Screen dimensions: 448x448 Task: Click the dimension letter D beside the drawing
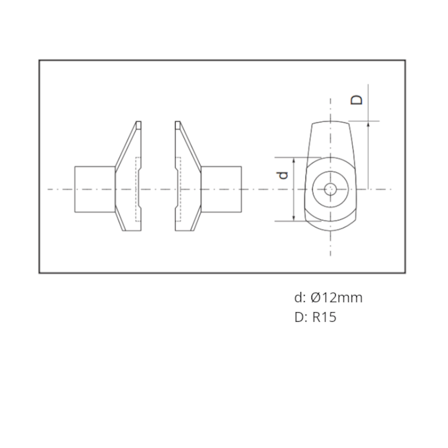tap(356, 99)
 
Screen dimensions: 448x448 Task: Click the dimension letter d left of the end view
tap(283, 176)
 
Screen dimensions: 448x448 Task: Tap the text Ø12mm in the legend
tap(336, 298)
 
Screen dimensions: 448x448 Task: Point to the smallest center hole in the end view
tap(331, 188)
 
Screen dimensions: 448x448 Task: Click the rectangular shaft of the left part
tap(94, 189)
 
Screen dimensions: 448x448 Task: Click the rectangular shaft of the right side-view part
tap(222, 189)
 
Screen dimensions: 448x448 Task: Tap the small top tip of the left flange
tap(138, 125)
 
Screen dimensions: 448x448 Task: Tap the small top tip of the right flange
tap(178, 125)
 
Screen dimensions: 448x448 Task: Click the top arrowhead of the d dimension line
tap(295, 160)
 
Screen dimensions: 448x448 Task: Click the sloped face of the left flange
tap(125, 148)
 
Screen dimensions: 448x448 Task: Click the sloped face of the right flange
tap(190, 148)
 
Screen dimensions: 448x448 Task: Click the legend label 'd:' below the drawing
tap(299, 298)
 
